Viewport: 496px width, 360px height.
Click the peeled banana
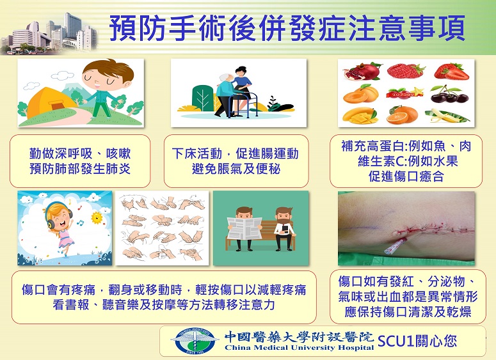point(447,115)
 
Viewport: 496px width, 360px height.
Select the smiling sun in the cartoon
point(97,217)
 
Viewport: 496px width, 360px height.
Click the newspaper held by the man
point(244,228)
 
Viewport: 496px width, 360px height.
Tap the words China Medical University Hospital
point(300,348)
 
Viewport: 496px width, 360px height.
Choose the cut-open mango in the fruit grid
point(360,115)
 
